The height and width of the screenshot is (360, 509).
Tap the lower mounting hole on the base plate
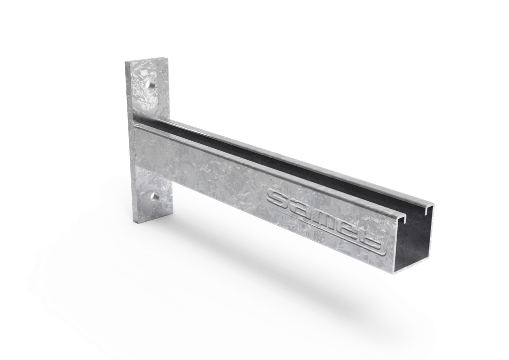click(154, 198)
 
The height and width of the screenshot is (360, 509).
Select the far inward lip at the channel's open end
click(426, 208)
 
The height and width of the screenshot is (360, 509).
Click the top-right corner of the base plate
click(166, 57)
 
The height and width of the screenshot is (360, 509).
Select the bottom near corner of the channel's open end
click(396, 272)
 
